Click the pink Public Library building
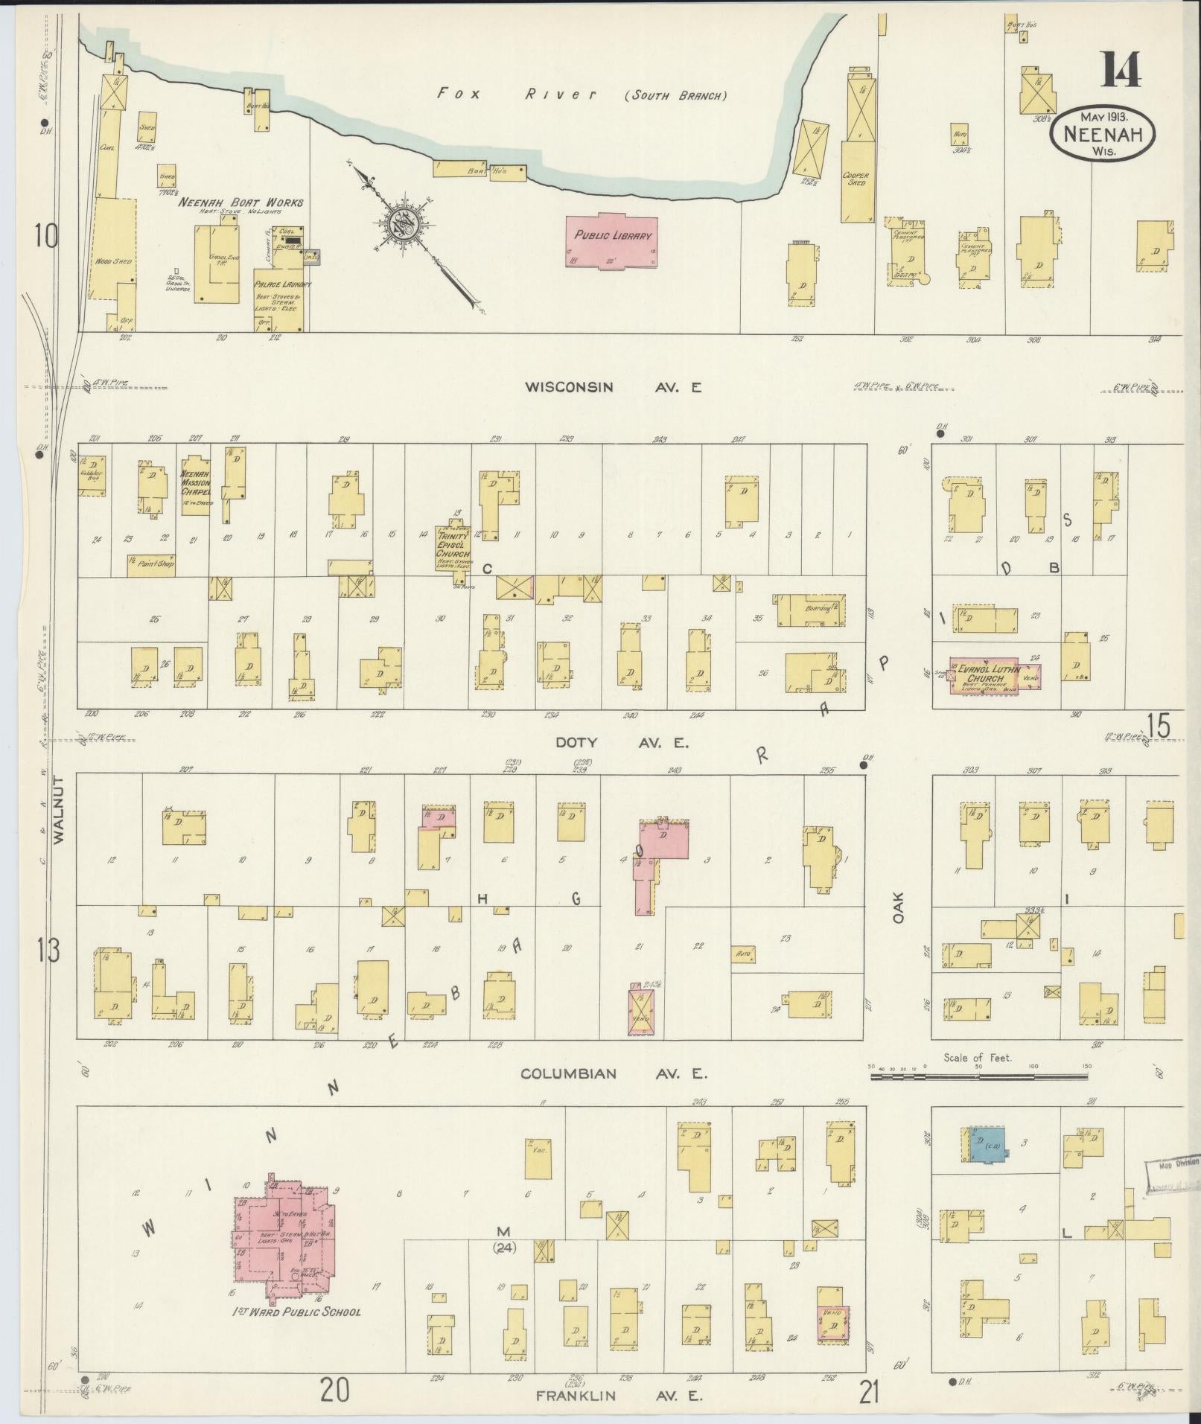(x=611, y=240)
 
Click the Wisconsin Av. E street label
(x=612, y=387)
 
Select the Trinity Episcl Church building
(x=453, y=547)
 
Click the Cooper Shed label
(x=856, y=179)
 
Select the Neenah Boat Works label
(x=240, y=202)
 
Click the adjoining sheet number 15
(x=1159, y=725)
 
